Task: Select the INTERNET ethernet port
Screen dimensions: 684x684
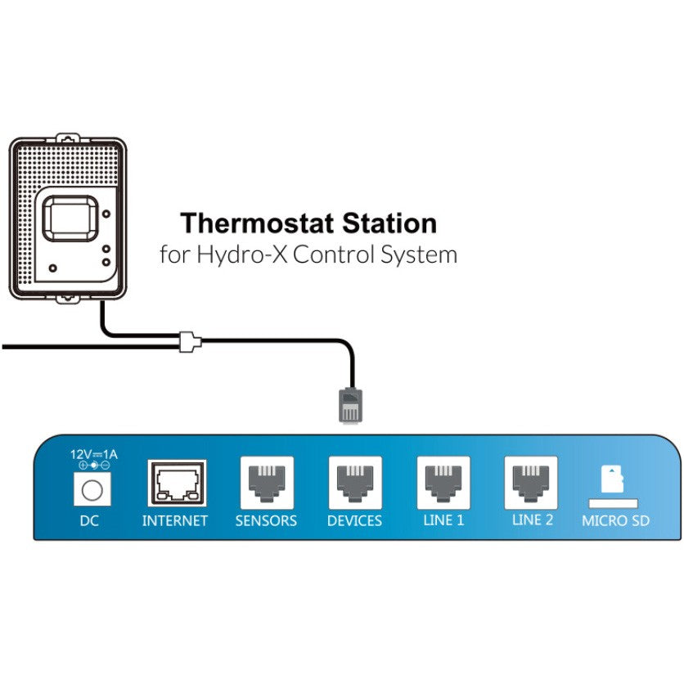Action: click(x=177, y=484)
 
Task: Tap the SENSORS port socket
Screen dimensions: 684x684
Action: click(x=266, y=483)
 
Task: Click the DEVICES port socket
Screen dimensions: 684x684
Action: click(x=355, y=483)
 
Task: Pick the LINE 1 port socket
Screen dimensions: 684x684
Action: click(x=443, y=483)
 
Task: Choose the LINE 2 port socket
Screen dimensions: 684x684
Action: click(x=533, y=483)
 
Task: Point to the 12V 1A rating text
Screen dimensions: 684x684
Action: click(x=93, y=455)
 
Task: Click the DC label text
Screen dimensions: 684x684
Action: click(x=89, y=520)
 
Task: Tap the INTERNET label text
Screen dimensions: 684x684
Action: click(x=175, y=520)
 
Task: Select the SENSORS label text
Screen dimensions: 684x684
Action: click(x=266, y=520)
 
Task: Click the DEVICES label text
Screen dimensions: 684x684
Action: click(x=355, y=520)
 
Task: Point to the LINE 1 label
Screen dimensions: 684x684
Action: click(x=443, y=520)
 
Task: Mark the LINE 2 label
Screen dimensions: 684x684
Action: click(x=533, y=520)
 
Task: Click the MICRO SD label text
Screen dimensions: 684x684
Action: click(x=615, y=520)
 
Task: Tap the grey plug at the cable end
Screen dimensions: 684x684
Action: click(x=349, y=404)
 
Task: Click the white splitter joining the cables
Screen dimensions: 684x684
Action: click(x=190, y=341)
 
